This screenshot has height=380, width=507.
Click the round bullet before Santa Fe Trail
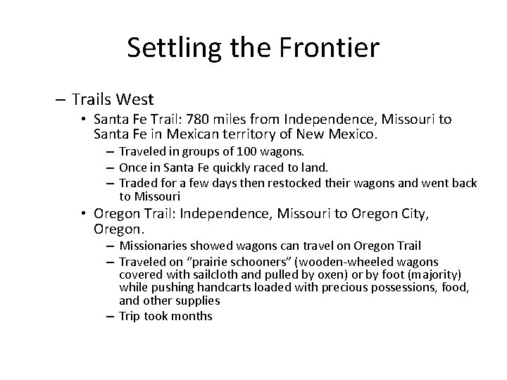click(84, 120)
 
